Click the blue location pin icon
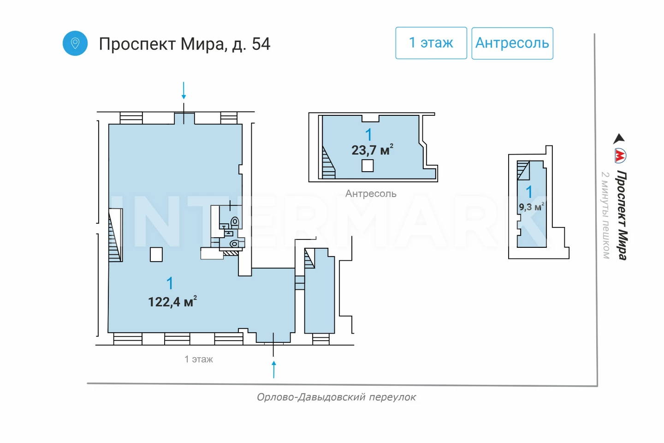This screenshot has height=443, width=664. point(75,43)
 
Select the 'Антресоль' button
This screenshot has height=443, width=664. point(512,43)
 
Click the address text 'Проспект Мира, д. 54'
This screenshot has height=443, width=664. point(184,44)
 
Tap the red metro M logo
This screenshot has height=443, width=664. point(620,156)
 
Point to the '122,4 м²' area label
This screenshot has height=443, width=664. point(172,301)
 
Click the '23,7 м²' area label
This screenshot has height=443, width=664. point(372,150)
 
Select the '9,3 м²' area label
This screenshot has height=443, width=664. point(531,206)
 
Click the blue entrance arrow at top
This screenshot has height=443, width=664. point(184,90)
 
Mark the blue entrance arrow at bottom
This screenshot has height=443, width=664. point(274,370)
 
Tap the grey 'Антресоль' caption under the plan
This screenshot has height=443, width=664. point(371,194)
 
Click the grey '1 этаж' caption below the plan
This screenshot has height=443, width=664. point(199,359)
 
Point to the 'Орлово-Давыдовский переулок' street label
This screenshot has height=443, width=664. point(337,397)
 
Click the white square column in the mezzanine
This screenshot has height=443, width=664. point(368,166)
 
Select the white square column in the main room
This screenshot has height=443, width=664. point(156,255)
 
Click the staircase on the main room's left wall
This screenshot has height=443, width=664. point(115,235)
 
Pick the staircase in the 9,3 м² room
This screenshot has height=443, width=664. point(523,170)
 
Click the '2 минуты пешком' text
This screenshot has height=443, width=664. point(605,216)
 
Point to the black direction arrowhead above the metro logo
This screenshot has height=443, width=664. point(619,138)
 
